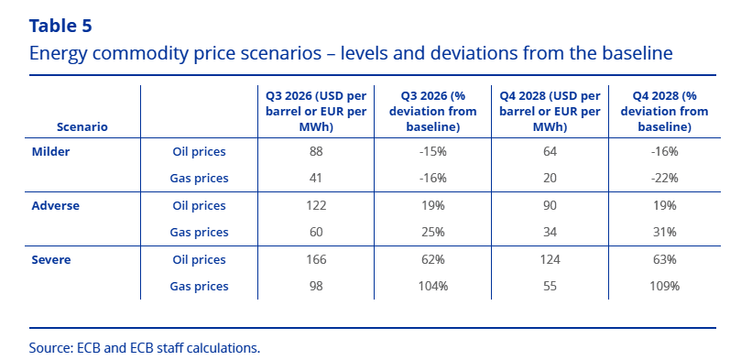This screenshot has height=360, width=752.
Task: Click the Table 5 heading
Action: point(60,26)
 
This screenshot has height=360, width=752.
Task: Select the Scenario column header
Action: point(82,127)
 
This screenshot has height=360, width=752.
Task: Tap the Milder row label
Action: point(51,152)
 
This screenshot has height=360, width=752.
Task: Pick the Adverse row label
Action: point(56,206)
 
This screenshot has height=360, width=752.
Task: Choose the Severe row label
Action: point(51,260)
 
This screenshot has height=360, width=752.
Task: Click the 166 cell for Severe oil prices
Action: point(316,260)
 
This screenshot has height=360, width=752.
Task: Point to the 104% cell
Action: point(433,286)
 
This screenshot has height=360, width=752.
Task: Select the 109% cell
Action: point(665,286)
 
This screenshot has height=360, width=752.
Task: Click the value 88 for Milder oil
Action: point(316,152)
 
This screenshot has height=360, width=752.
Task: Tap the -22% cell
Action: point(665,179)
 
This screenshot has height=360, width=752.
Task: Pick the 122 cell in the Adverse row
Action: point(316,206)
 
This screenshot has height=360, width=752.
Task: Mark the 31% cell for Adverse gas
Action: point(665,233)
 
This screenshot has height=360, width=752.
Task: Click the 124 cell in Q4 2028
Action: point(550,260)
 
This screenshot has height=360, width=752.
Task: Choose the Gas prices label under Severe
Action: point(199,287)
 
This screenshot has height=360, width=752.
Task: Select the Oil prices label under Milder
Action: point(199,152)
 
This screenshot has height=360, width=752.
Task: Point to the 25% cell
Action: point(433,233)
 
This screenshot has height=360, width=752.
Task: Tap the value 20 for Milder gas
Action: point(550,179)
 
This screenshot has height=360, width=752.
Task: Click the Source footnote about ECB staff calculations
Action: point(145,347)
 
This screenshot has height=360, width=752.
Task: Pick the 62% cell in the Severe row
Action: point(433,260)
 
